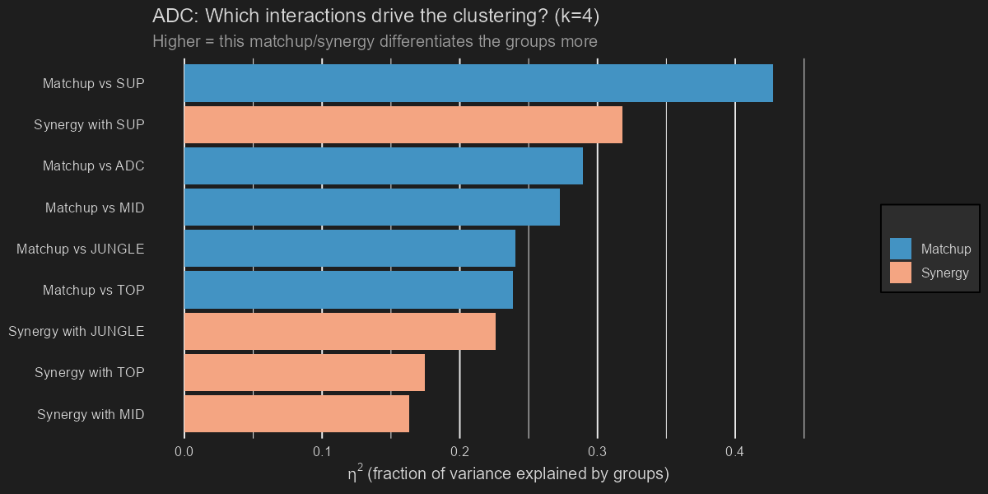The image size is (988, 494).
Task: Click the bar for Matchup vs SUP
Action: [x=478, y=83]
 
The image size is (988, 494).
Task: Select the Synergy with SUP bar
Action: [x=403, y=124]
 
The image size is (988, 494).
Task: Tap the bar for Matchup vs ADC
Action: [x=383, y=165]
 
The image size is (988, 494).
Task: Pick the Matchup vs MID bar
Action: [x=371, y=207]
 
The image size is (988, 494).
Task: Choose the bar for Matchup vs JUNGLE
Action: [x=349, y=249]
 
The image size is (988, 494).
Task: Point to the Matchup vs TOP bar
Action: [x=348, y=290]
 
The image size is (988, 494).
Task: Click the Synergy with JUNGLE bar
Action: [x=339, y=331]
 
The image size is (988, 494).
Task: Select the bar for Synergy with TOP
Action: [x=304, y=372]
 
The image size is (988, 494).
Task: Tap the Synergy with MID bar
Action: [x=296, y=414]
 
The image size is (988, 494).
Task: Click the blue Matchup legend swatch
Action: [x=901, y=249]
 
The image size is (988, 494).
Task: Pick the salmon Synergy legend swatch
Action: [x=901, y=273]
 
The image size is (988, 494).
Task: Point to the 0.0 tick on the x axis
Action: [x=184, y=452]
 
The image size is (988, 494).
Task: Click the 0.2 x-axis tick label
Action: [x=459, y=452]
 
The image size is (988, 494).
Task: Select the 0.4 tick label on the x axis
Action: [x=735, y=452]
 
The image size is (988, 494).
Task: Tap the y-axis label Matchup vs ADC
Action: [x=94, y=165]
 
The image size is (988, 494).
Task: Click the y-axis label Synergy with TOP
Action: [x=90, y=372]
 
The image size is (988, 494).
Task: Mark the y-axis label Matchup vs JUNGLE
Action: [x=81, y=249]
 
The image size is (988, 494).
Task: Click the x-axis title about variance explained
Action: [x=508, y=474]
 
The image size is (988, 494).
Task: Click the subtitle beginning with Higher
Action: [x=375, y=41]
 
